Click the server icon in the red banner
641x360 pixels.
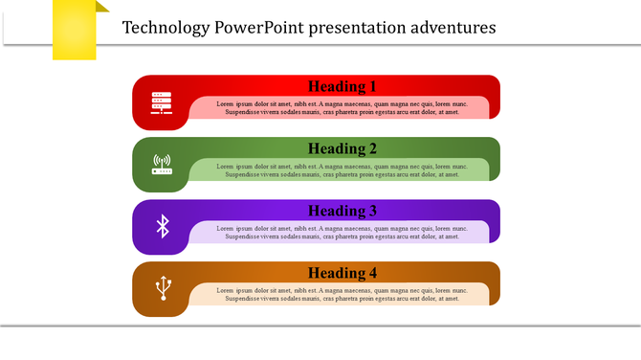pyautogui.click(x=162, y=103)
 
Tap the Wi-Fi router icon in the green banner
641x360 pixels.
pyautogui.click(x=162, y=165)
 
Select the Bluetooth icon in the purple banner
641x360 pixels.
pyautogui.click(x=163, y=226)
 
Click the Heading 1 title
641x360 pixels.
pyautogui.click(x=343, y=86)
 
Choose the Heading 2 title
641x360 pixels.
pyautogui.click(x=343, y=148)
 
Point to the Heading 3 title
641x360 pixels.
pyautogui.click(x=343, y=211)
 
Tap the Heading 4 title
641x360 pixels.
pyautogui.click(x=343, y=273)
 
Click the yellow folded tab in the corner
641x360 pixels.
pyautogui.click(x=76, y=29)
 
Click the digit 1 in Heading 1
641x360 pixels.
pyautogui.click(x=373, y=86)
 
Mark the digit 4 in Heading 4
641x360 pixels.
pyautogui.click(x=373, y=273)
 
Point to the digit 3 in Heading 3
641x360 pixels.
pyautogui.click(x=373, y=211)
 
